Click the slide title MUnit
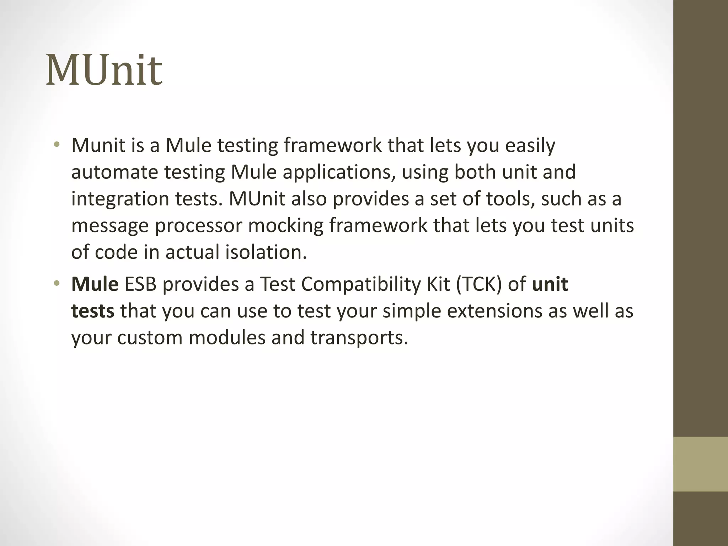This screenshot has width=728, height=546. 104,70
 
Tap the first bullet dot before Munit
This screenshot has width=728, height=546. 57,145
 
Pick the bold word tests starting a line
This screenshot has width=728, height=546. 93,311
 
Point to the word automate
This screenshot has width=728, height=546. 114,172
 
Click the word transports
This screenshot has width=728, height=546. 359,337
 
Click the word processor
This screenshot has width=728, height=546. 198,225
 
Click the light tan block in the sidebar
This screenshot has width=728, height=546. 700,464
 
